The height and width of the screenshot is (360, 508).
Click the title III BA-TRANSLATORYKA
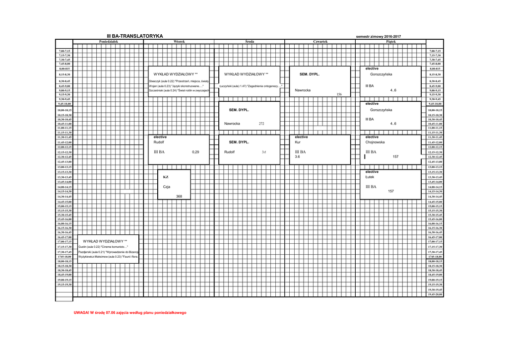134,36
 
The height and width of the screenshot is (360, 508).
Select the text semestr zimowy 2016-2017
379,37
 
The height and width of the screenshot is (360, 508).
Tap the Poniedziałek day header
108,42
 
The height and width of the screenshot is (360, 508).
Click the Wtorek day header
179,42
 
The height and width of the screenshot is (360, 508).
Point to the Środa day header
250,42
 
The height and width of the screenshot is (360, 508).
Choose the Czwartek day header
320,42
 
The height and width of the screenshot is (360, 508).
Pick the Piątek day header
391,42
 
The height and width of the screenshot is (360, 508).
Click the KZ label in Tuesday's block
166,177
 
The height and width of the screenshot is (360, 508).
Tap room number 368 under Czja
179,197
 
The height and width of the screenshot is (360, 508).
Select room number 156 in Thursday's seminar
339,94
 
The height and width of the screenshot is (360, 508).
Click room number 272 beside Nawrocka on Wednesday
261,123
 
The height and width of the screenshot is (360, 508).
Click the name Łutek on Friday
370,177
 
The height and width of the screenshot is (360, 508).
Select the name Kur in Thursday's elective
298,142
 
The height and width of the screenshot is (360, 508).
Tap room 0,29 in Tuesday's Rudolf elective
195,152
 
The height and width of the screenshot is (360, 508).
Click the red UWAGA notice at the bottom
129,313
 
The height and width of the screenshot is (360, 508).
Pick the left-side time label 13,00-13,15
64,167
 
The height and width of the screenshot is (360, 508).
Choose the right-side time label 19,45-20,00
435,294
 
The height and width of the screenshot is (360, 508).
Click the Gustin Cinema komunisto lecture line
104,247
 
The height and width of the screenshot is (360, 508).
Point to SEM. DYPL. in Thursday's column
310,74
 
